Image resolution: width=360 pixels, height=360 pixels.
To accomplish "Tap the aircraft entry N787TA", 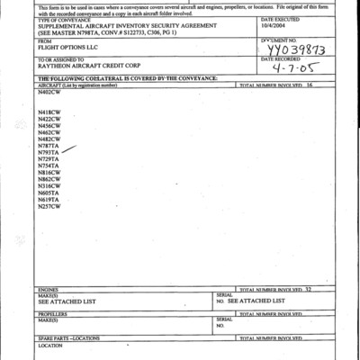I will (x=49, y=146).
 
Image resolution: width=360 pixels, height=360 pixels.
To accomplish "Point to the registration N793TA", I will (x=49, y=153).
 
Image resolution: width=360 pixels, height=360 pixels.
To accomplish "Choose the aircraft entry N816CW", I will (x=49, y=172).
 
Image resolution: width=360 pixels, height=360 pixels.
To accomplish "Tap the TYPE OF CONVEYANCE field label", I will (x=63, y=19).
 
